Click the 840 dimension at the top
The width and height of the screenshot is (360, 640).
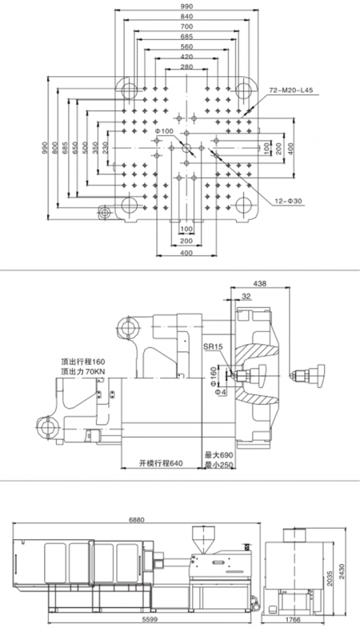(x=186, y=16)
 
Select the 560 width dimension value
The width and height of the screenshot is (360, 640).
(x=186, y=47)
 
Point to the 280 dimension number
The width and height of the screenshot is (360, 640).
(x=186, y=67)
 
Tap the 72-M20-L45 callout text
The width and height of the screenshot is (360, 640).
(x=290, y=90)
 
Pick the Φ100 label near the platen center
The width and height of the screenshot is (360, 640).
(x=165, y=130)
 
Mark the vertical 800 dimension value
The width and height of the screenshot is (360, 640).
(x=55, y=147)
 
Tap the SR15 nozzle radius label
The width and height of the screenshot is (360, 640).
(x=213, y=346)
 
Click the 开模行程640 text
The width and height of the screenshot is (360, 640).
(x=161, y=463)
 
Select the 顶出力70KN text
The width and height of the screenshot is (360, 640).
(x=82, y=371)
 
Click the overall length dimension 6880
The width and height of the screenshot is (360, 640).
(x=136, y=519)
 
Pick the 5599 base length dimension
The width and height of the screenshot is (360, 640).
(x=150, y=619)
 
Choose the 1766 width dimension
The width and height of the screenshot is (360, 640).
(x=293, y=619)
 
